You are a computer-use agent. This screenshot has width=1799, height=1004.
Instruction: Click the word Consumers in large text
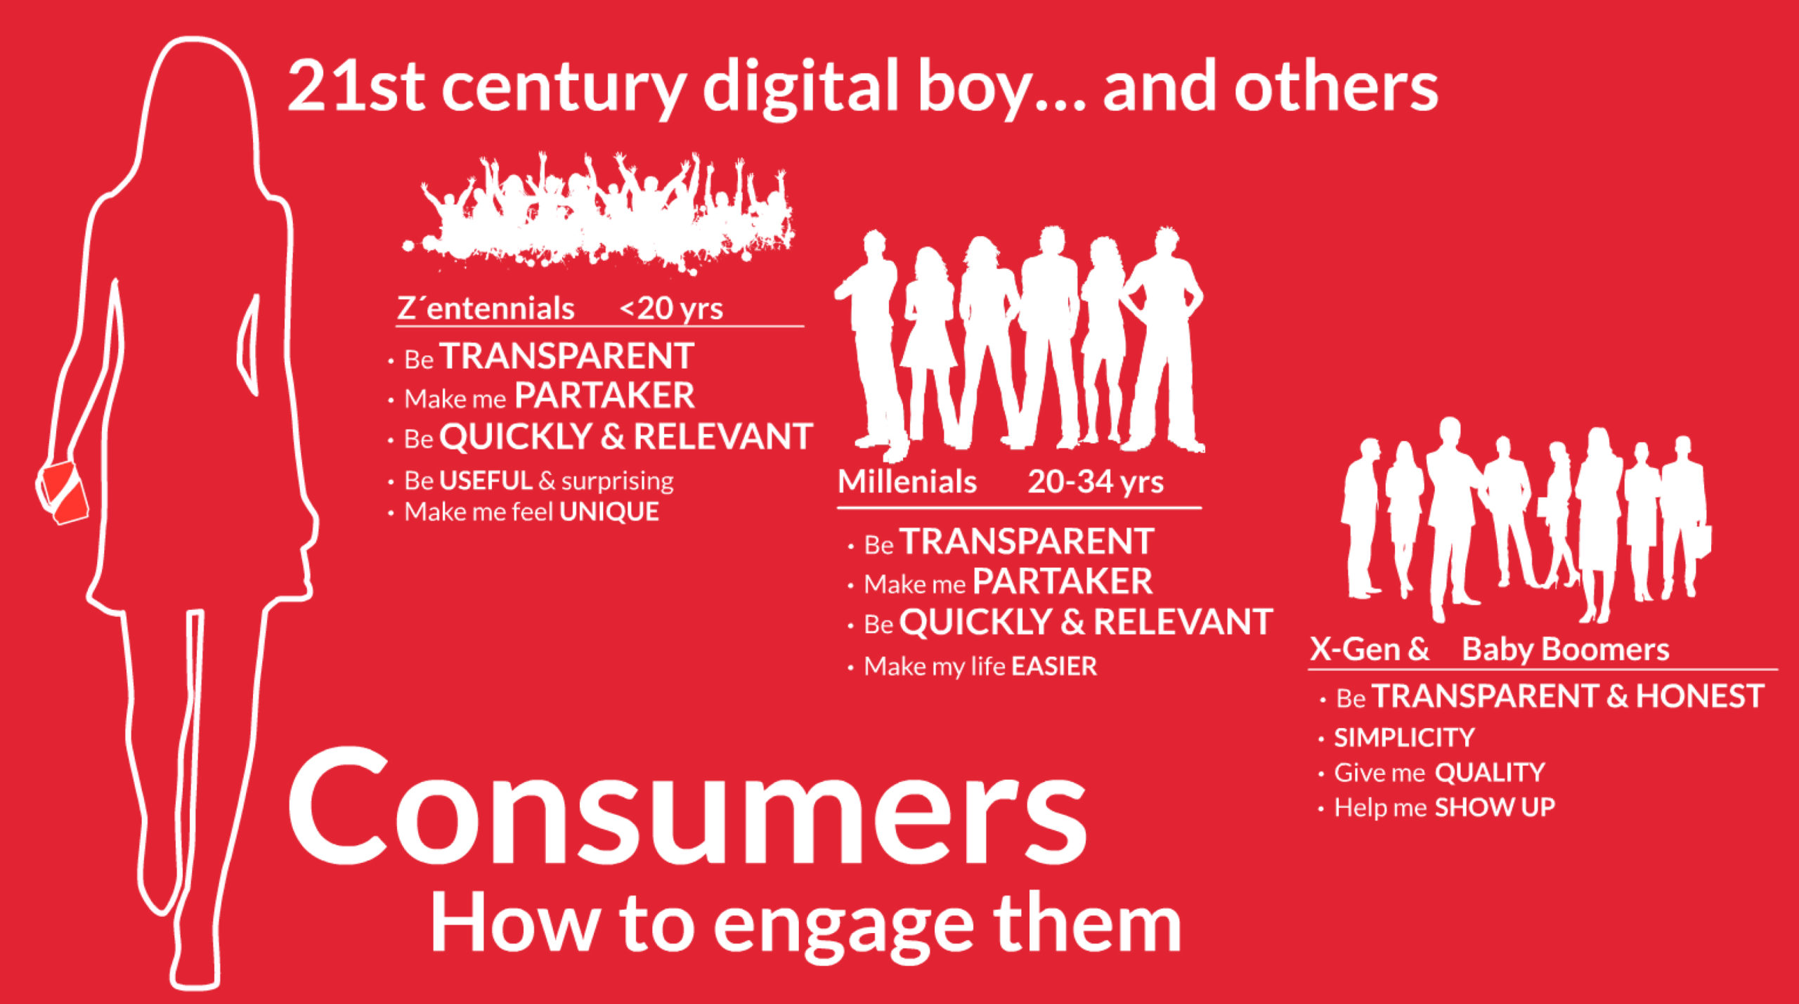tap(687, 807)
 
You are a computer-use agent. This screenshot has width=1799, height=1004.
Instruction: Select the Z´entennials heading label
tap(486, 308)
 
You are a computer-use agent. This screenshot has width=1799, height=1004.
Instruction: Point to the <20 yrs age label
tap(671, 308)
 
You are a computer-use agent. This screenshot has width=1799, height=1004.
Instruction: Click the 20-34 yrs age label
tap(1096, 482)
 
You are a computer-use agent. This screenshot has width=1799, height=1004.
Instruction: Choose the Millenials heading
tap(907, 482)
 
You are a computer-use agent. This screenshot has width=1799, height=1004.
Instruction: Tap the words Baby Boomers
tap(1565, 649)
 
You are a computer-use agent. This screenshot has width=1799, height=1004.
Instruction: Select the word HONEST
tap(1700, 696)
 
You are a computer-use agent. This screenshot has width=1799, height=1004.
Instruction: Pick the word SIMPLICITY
tap(1404, 738)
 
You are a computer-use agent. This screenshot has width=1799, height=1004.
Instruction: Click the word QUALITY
tap(1490, 772)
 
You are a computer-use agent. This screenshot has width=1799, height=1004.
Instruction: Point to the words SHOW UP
tap(1495, 807)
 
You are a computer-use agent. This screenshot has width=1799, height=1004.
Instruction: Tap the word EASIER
tap(1054, 666)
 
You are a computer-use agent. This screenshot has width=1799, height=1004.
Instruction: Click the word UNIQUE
tap(609, 511)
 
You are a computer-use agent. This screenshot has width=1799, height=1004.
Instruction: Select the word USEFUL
tap(486, 481)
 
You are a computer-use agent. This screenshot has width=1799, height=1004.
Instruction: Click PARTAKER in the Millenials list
tap(1062, 582)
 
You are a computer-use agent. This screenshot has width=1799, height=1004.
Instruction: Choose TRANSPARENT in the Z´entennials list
tap(566, 356)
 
